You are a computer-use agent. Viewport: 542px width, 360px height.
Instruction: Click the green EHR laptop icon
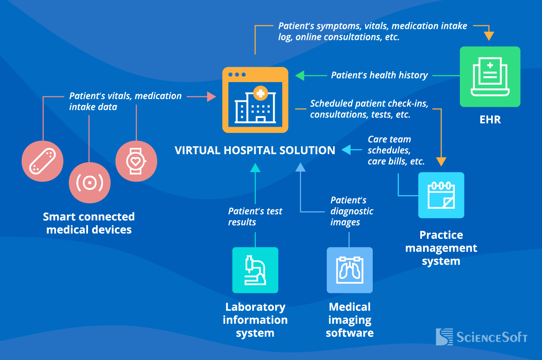490,77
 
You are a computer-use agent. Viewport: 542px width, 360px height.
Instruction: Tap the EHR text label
490,120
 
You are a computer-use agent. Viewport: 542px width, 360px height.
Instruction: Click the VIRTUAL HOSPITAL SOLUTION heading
255,150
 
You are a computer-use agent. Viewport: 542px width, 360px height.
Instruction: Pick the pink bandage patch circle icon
42,161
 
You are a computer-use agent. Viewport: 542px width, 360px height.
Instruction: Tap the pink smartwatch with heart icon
136,161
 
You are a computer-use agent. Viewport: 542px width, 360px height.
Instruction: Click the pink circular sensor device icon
89,182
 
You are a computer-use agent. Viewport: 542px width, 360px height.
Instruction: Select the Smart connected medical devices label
89,223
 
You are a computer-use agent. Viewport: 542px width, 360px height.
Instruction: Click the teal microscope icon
255,270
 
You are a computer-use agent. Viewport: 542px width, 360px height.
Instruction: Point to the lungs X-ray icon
349,270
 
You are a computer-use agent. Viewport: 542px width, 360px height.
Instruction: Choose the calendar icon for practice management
441,195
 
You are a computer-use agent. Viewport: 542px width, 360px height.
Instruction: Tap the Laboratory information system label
255,320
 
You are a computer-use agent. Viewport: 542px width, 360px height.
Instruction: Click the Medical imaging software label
349,320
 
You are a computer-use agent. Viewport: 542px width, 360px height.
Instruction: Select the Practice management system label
441,248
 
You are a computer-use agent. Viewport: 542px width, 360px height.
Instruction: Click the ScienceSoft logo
482,337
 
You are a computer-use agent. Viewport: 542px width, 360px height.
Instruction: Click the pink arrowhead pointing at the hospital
211,97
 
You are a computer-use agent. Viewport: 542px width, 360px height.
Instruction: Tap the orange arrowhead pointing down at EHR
489,36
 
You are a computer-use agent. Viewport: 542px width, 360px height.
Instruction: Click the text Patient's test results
255,217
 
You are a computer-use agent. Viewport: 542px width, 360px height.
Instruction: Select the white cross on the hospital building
260,94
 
